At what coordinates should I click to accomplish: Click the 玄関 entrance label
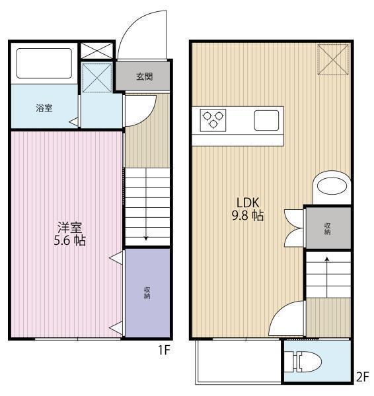(145, 77)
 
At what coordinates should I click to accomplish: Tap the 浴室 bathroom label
(44, 108)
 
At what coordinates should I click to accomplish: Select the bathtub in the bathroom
(44, 63)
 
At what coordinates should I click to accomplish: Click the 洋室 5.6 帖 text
(70, 234)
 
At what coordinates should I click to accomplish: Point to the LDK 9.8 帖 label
(248, 209)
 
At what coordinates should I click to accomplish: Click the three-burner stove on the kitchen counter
(213, 120)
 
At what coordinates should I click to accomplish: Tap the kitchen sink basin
(266, 121)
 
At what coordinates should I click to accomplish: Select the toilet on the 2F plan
(303, 362)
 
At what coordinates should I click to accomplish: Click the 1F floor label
(164, 350)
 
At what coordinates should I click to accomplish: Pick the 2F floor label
(363, 377)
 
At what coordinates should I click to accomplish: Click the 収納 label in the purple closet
(147, 293)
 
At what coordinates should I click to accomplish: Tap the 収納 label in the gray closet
(328, 228)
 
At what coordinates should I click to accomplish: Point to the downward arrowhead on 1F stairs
(146, 238)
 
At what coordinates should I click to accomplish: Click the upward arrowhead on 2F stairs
(327, 259)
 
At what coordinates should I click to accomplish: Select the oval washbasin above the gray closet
(332, 187)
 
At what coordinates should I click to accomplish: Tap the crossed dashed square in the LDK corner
(333, 59)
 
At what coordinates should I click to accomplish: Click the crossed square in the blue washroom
(97, 77)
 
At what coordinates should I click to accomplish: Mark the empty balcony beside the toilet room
(239, 361)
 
